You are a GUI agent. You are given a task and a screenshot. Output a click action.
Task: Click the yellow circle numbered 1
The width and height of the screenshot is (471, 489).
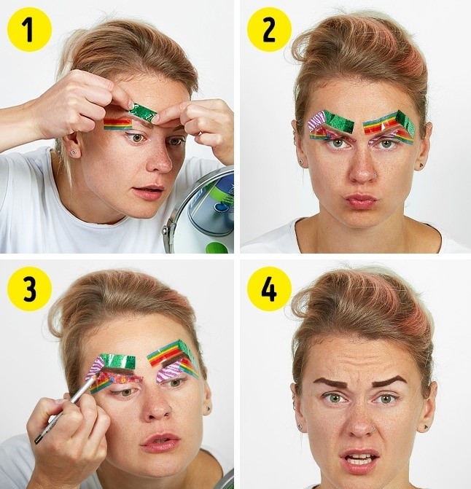(x=29, y=30)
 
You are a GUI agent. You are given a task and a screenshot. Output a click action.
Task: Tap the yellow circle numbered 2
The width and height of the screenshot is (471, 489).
(x=269, y=30)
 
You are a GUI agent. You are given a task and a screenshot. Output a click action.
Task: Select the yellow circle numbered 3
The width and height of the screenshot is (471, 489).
(x=29, y=289)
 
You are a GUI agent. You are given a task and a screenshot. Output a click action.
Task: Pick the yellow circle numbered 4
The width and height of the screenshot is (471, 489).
(x=269, y=289)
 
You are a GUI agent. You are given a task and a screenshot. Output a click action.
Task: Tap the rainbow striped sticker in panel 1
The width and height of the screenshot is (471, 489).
(x=118, y=124)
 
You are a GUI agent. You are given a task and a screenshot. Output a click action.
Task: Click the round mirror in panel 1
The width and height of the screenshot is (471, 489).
(x=200, y=212)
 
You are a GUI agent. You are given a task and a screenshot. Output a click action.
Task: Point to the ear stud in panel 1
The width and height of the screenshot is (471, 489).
(x=73, y=152)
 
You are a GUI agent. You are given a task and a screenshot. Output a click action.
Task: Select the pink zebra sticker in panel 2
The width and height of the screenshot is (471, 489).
(x=316, y=122)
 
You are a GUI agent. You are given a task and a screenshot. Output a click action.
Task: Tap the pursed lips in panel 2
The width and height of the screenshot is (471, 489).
(x=360, y=201)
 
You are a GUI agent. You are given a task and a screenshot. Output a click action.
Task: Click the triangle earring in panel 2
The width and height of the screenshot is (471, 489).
(x=421, y=165)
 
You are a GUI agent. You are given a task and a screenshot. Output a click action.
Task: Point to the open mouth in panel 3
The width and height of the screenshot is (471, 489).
(x=160, y=442)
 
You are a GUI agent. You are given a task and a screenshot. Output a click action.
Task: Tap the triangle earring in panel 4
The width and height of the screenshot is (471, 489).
(x=426, y=427)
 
